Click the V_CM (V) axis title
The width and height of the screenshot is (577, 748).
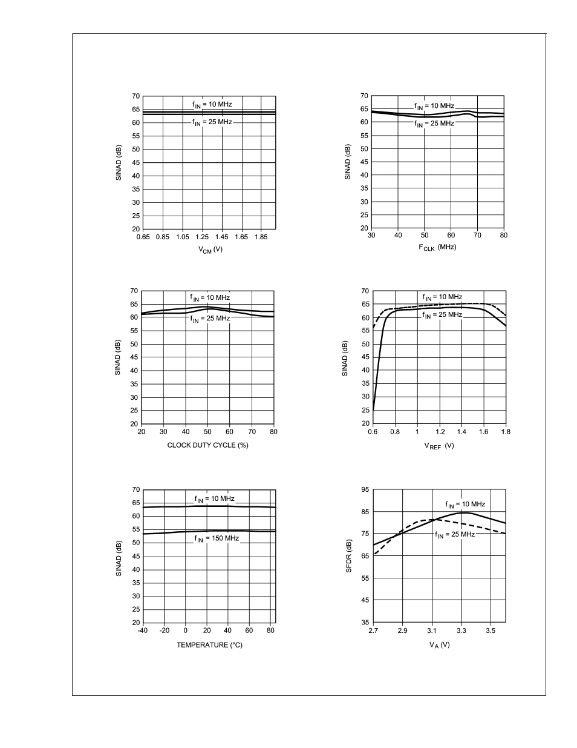click(209, 250)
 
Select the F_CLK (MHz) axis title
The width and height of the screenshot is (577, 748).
click(437, 247)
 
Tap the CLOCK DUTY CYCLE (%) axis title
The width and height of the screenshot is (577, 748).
click(207, 445)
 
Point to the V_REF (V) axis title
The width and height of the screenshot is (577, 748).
click(439, 446)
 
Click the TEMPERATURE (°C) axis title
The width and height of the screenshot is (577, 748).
click(209, 645)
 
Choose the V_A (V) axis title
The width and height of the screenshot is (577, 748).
click(439, 644)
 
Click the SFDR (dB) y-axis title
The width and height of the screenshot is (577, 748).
click(348, 555)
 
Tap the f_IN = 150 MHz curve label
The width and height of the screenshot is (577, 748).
click(216, 538)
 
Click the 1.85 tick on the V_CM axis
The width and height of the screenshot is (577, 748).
click(261, 237)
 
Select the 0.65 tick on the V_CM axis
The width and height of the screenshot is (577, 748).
click(143, 237)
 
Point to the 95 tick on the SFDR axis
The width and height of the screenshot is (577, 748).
click(365, 489)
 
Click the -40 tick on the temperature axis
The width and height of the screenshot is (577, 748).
click(142, 631)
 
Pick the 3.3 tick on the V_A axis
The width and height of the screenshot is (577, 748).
click(461, 631)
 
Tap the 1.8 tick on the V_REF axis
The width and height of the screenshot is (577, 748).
click(506, 432)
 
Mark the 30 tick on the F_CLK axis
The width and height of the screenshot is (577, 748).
click(371, 236)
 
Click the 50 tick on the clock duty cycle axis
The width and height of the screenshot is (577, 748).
click(207, 432)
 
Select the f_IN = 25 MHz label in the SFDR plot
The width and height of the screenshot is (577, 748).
click(454, 534)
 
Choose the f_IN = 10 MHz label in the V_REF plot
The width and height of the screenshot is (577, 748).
click(442, 297)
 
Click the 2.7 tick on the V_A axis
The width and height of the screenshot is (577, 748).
click(373, 631)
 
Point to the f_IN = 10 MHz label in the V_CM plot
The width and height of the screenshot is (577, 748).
click(212, 104)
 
